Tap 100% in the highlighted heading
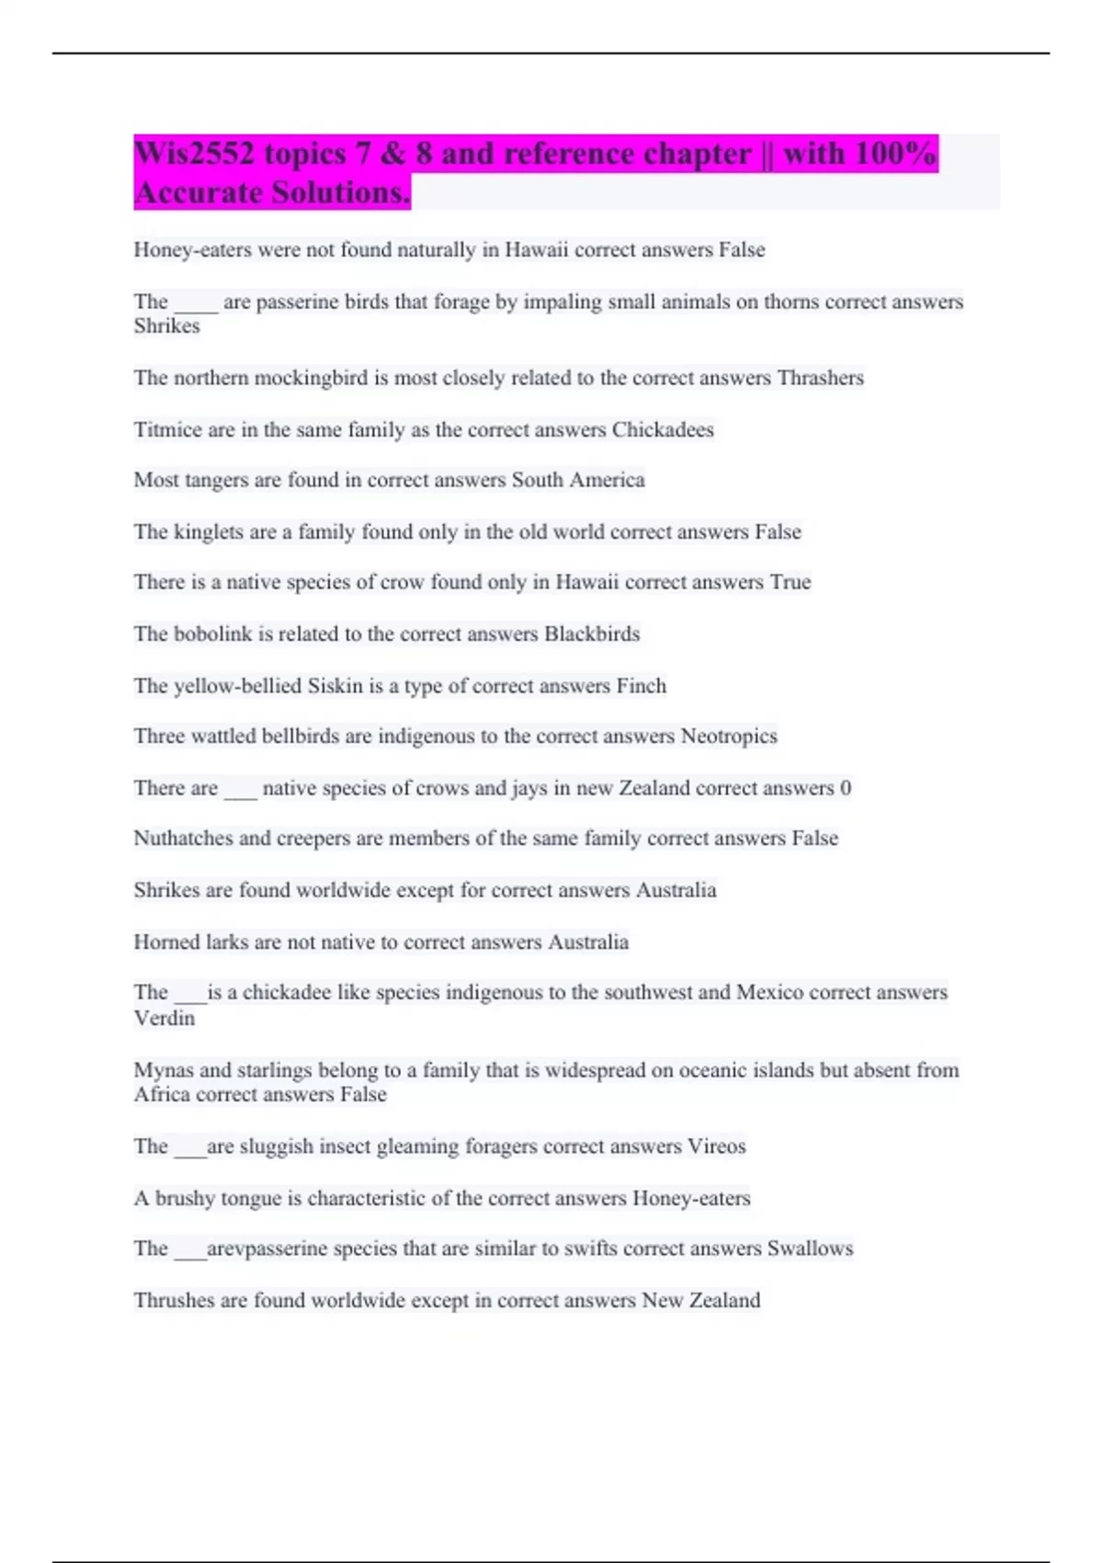tap(894, 154)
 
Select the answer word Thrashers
tap(820, 378)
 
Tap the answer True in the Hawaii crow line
tap(790, 582)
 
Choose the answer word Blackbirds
tap(592, 633)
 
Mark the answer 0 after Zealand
tap(846, 788)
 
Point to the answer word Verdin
tap(165, 1018)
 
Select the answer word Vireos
tap(716, 1147)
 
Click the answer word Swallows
tap(810, 1249)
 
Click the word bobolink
tap(213, 633)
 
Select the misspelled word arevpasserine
tap(267, 1249)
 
